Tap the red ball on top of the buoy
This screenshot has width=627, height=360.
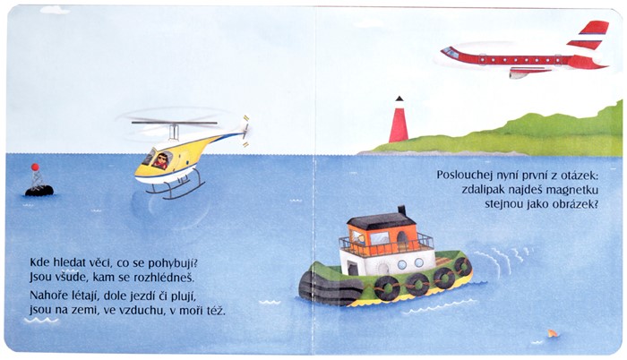point(35,167)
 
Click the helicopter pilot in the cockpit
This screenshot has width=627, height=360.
point(161,160)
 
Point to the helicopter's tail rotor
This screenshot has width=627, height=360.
point(245,126)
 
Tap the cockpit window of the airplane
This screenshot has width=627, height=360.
point(451,53)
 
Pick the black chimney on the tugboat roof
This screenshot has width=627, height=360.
point(401,210)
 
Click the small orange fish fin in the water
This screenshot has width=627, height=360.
point(553,333)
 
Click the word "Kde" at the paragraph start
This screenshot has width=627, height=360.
point(39,262)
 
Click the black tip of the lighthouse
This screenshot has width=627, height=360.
point(399,99)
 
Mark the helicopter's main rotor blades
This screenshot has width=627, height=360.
point(175,123)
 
